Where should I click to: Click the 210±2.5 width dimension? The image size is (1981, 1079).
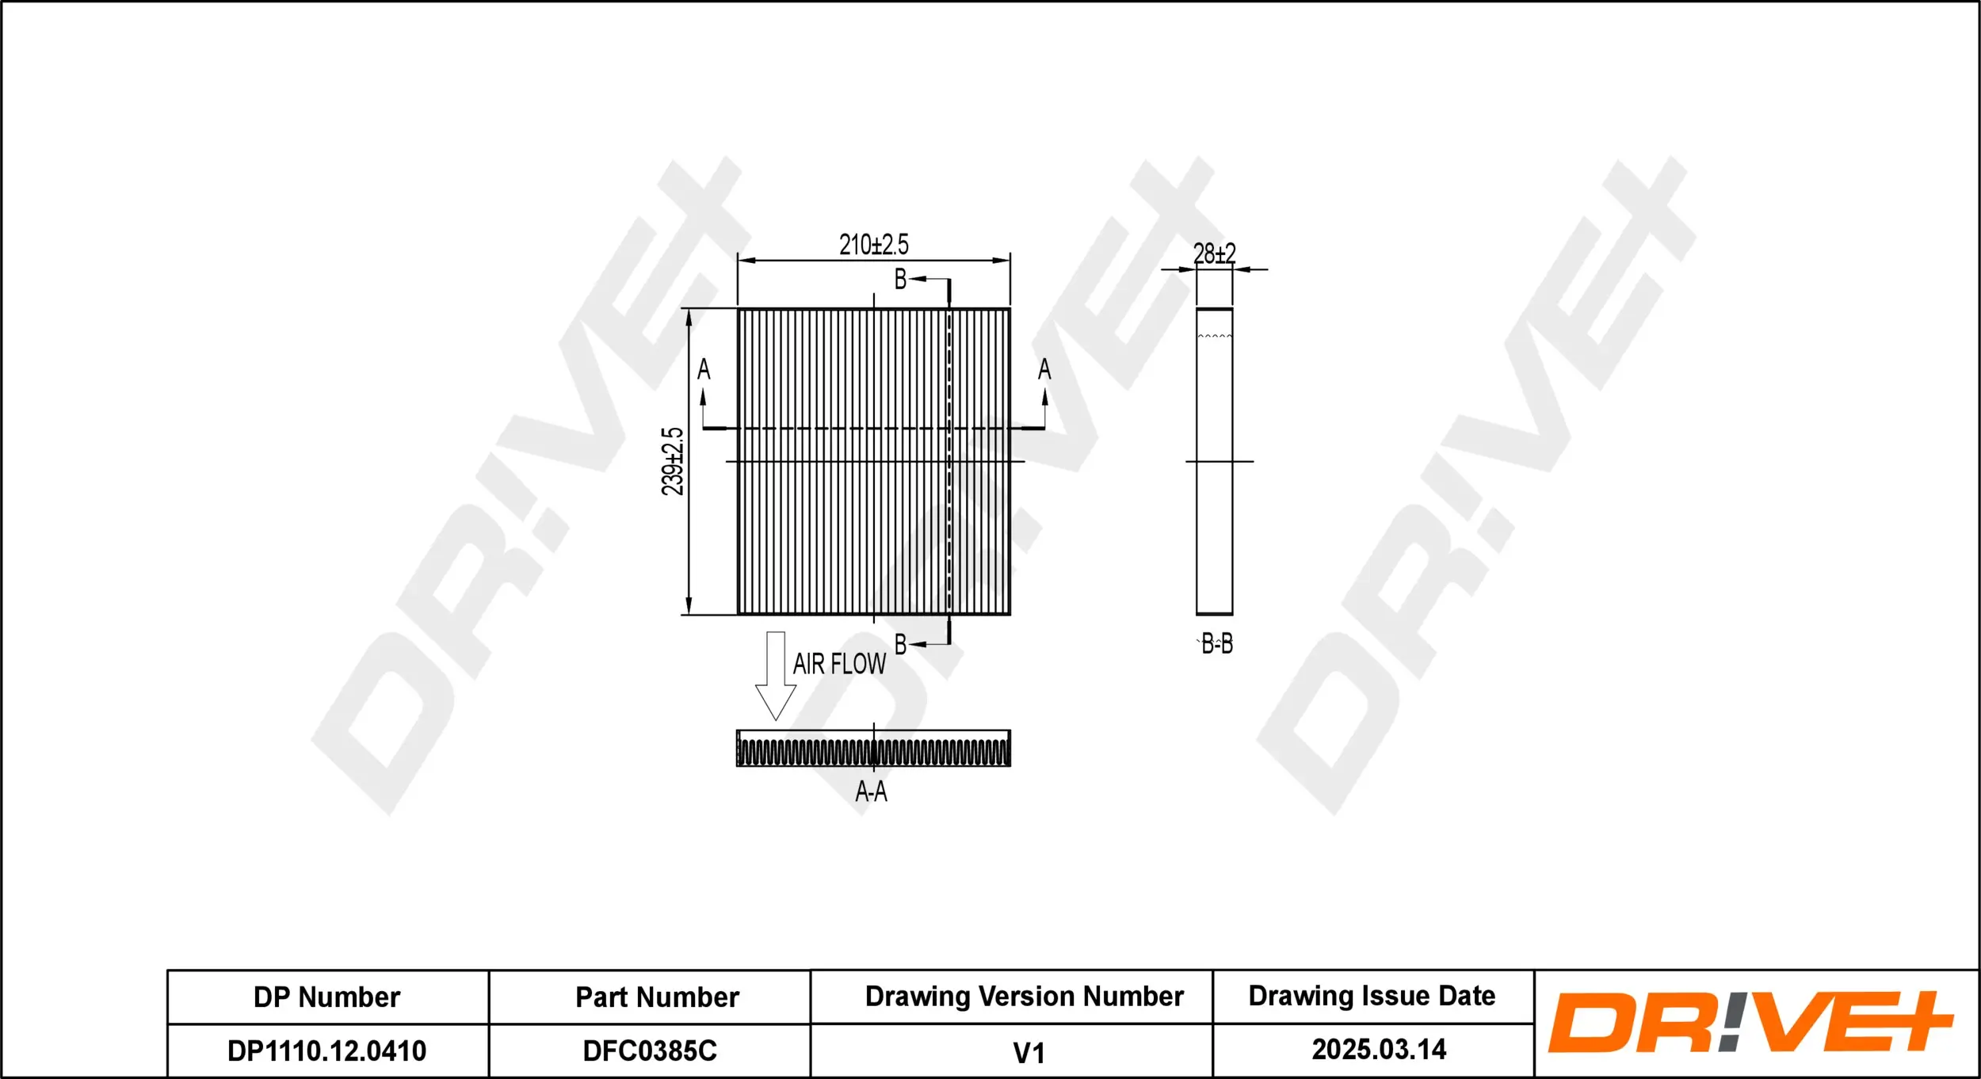(873, 245)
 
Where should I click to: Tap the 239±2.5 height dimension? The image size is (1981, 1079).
(672, 461)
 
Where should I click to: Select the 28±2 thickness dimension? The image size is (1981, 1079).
(1214, 254)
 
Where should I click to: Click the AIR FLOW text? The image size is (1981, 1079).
(839, 664)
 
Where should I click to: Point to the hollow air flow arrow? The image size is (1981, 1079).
(775, 675)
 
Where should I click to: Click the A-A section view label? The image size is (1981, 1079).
(871, 791)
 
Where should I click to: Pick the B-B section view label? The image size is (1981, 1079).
(1216, 644)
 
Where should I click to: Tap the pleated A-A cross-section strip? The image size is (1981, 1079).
(873, 749)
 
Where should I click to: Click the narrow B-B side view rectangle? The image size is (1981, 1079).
(1214, 461)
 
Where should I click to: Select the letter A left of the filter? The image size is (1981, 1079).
(704, 370)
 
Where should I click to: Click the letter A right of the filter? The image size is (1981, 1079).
(1044, 369)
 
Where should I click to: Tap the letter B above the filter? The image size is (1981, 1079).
(900, 279)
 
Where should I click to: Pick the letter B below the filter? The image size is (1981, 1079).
(900, 645)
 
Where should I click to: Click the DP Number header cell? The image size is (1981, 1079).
(326, 997)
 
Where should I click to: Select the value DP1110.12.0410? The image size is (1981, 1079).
(326, 1051)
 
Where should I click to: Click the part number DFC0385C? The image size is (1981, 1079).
(650, 1051)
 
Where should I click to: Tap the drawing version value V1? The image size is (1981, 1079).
(1029, 1053)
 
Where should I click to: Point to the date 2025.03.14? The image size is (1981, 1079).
(1379, 1050)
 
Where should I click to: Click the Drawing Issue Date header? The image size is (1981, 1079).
(1372, 996)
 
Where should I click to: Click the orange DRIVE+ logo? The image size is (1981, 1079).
(1750, 1022)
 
